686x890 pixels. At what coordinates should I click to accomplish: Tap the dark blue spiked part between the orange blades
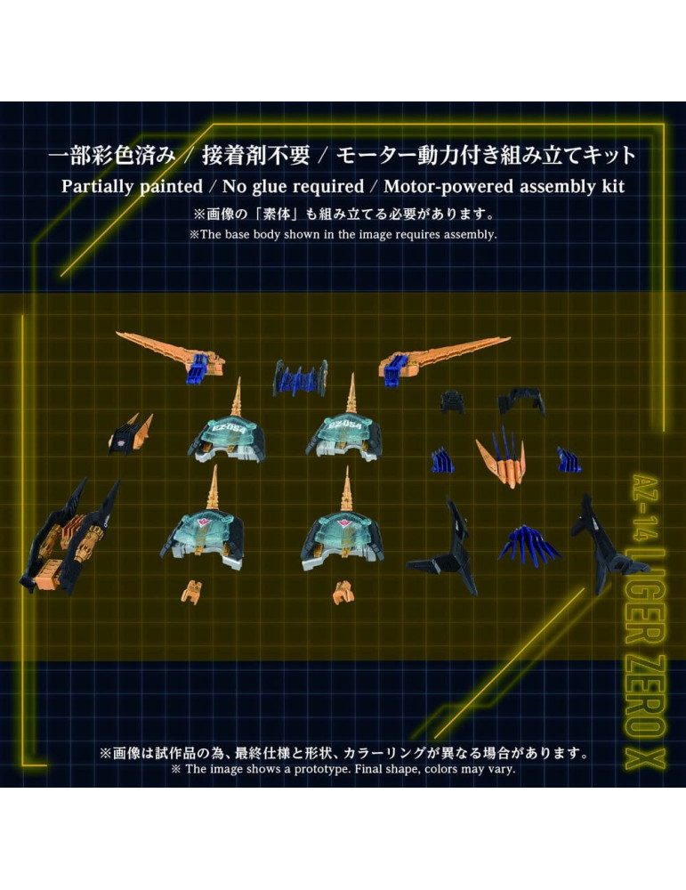[x=299, y=377]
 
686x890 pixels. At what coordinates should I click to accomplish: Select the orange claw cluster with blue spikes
[x=504, y=455]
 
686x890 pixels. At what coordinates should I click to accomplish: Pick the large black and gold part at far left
[x=76, y=538]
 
